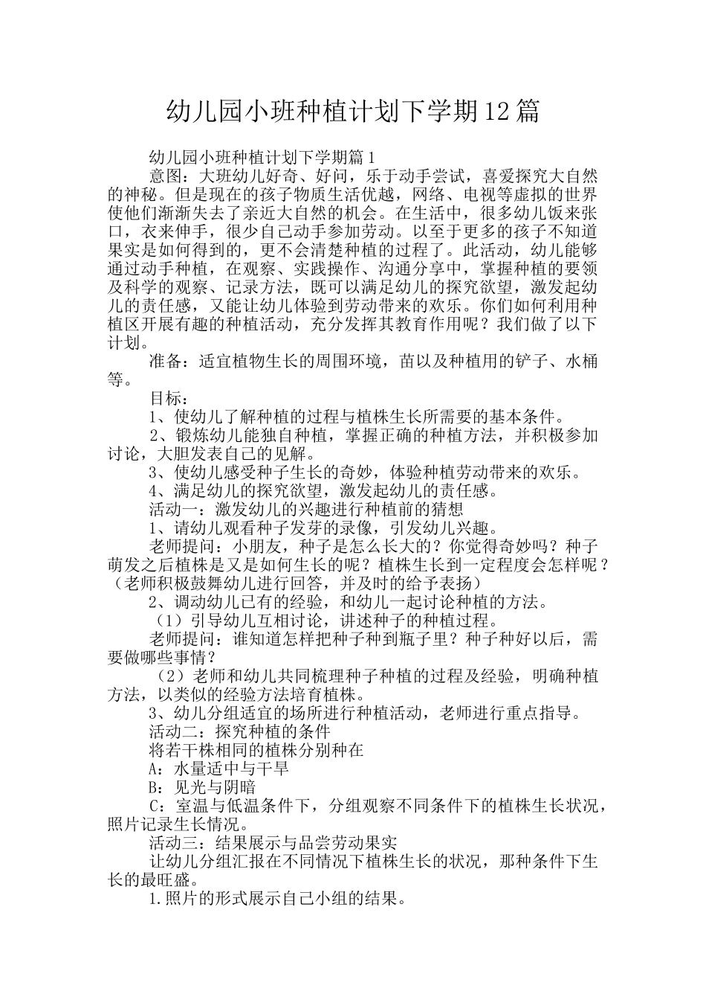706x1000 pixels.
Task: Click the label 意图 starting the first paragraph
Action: (x=166, y=176)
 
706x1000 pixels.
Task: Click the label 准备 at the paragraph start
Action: (x=166, y=361)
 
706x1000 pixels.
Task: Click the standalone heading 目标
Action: (x=166, y=398)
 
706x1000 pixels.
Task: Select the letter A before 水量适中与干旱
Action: (x=155, y=768)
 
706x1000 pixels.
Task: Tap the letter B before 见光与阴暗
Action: (x=155, y=786)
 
